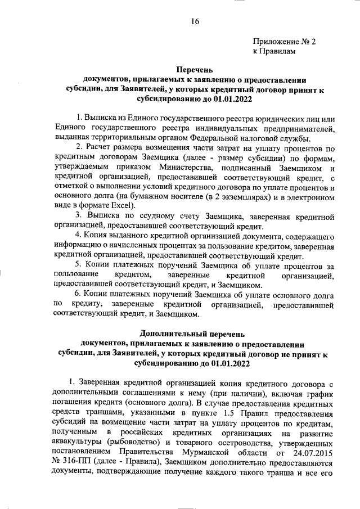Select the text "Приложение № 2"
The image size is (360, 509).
285,42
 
